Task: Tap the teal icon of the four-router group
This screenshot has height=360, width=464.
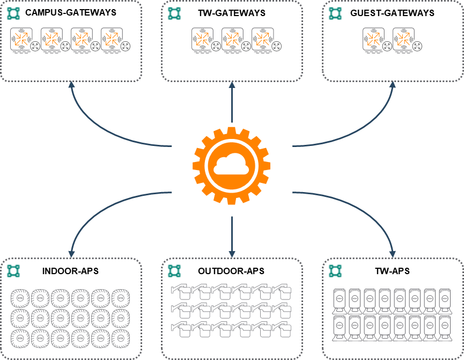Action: coord(13,13)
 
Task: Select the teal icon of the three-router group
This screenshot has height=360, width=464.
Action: coord(174,13)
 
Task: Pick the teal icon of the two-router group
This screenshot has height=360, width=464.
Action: coord(335,13)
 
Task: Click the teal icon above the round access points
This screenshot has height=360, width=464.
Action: coord(13,271)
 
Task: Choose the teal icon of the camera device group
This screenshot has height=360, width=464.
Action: coord(174,271)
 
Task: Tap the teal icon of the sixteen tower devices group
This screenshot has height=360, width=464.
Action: coord(335,271)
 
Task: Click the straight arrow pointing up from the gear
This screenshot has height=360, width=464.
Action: coord(232,102)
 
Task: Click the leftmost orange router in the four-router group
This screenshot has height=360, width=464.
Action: coord(22,39)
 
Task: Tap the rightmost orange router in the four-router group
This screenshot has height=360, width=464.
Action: coord(112,39)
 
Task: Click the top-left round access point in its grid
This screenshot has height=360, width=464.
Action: coord(20,297)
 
